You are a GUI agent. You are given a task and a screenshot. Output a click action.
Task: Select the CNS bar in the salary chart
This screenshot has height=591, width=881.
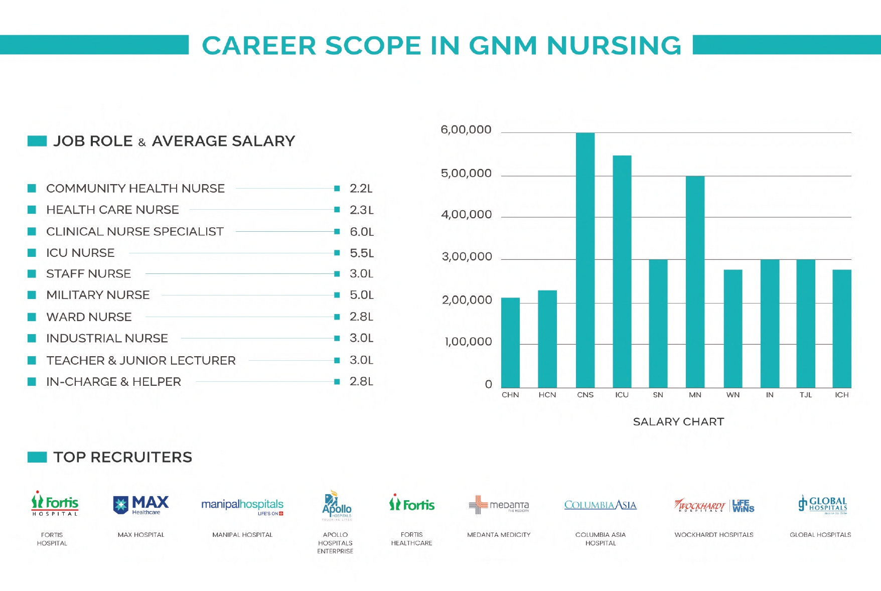[x=585, y=261]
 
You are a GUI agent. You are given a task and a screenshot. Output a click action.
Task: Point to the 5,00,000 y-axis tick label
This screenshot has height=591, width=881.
[x=466, y=174]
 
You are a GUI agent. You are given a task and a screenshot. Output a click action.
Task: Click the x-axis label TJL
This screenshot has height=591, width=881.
[x=805, y=395]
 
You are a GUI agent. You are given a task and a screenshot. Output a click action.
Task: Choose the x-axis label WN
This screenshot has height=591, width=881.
[x=732, y=395]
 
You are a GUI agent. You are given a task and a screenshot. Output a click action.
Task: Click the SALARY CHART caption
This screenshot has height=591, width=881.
[x=678, y=421]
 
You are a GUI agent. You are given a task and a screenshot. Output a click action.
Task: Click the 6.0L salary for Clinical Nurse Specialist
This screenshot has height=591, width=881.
[x=362, y=232]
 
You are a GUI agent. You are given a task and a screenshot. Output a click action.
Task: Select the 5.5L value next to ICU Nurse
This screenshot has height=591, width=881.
[x=362, y=253]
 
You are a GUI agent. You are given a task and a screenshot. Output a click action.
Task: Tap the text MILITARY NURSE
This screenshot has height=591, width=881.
[x=98, y=295]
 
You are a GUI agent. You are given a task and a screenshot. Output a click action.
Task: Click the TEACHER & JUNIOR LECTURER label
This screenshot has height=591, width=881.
[x=140, y=360]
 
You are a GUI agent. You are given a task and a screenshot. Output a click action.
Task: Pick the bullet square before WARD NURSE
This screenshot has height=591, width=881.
[x=32, y=317]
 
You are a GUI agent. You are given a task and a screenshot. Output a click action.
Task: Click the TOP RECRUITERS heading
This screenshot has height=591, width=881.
[x=122, y=457]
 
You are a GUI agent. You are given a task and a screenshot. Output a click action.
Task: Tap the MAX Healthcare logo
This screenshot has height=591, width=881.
[x=141, y=505]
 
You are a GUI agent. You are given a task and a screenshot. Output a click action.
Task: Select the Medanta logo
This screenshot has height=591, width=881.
[x=499, y=505]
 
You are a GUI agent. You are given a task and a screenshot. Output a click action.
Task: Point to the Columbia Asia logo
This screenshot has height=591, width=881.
[x=600, y=505]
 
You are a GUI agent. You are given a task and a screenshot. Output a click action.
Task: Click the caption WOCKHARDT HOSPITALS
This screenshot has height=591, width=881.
[x=713, y=535]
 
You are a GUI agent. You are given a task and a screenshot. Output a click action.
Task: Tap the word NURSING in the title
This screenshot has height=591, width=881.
[x=614, y=46]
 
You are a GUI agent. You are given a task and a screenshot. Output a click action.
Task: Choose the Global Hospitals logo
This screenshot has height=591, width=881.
[x=822, y=504]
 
